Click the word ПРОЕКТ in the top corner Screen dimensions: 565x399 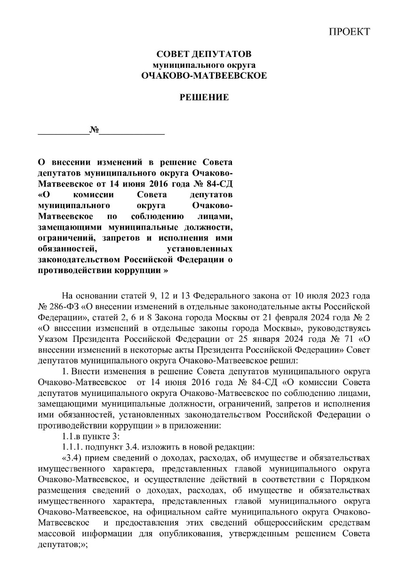[x=349, y=32]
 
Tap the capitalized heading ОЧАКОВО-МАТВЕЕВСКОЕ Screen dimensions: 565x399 [x=204, y=75]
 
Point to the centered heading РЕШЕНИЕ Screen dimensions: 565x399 [x=204, y=97]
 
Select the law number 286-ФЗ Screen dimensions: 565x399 [x=60, y=306]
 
